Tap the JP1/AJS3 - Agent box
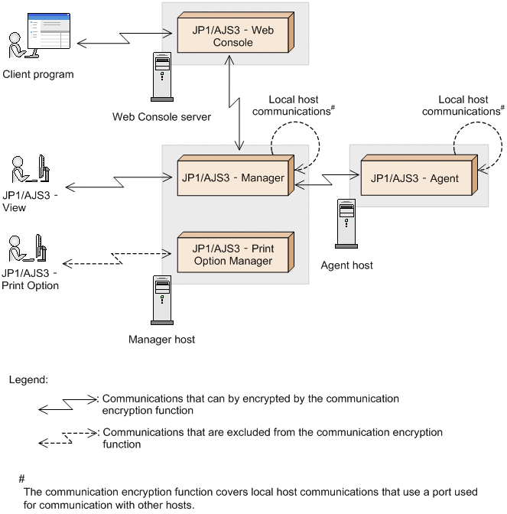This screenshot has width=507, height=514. (x=414, y=179)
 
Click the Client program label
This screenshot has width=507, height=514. (x=38, y=75)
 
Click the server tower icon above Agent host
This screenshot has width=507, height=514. (x=346, y=223)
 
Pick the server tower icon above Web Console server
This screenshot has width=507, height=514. (x=161, y=76)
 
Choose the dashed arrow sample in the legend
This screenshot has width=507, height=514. (x=67, y=438)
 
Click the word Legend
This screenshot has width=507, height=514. (x=28, y=379)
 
